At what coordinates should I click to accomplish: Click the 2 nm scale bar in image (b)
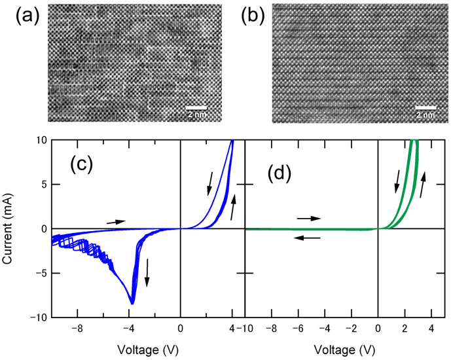(426, 107)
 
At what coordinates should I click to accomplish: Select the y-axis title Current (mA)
(10, 229)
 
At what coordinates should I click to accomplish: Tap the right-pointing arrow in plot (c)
(116, 222)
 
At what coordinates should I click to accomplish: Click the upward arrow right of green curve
(422, 185)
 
